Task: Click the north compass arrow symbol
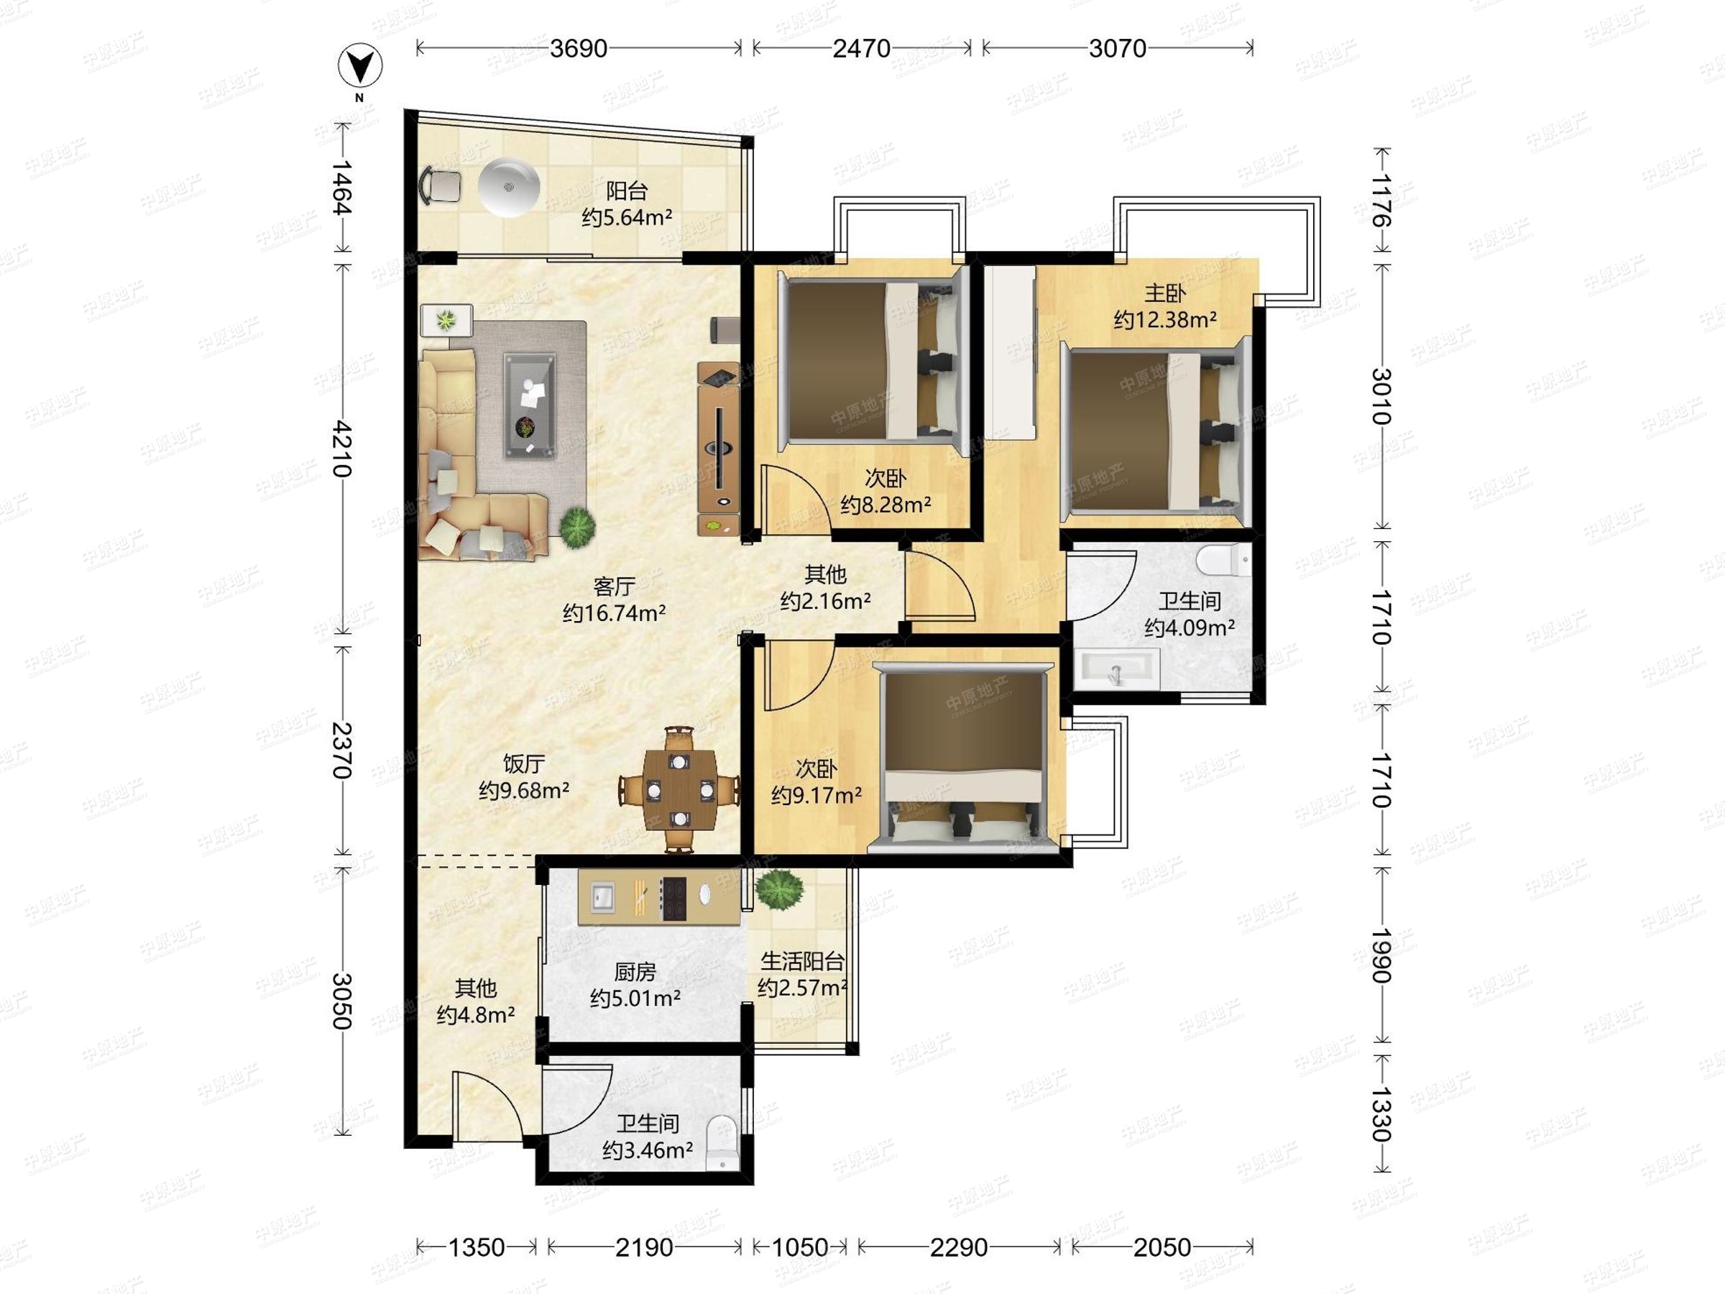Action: click(x=359, y=66)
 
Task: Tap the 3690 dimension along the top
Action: click(x=578, y=48)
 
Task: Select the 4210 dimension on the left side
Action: click(x=341, y=449)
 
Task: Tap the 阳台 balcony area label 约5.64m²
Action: click(x=626, y=218)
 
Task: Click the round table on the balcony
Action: click(x=508, y=186)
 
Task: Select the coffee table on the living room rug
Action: click(x=530, y=405)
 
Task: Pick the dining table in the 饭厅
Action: click(x=680, y=789)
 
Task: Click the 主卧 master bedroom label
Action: click(x=1165, y=293)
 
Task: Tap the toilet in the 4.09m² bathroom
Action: click(x=1223, y=560)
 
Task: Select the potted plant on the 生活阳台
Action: click(x=778, y=888)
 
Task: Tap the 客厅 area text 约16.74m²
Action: click(x=615, y=613)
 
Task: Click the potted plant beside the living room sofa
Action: click(x=577, y=526)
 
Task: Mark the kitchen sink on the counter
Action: click(x=603, y=896)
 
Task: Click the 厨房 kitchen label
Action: click(x=635, y=972)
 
